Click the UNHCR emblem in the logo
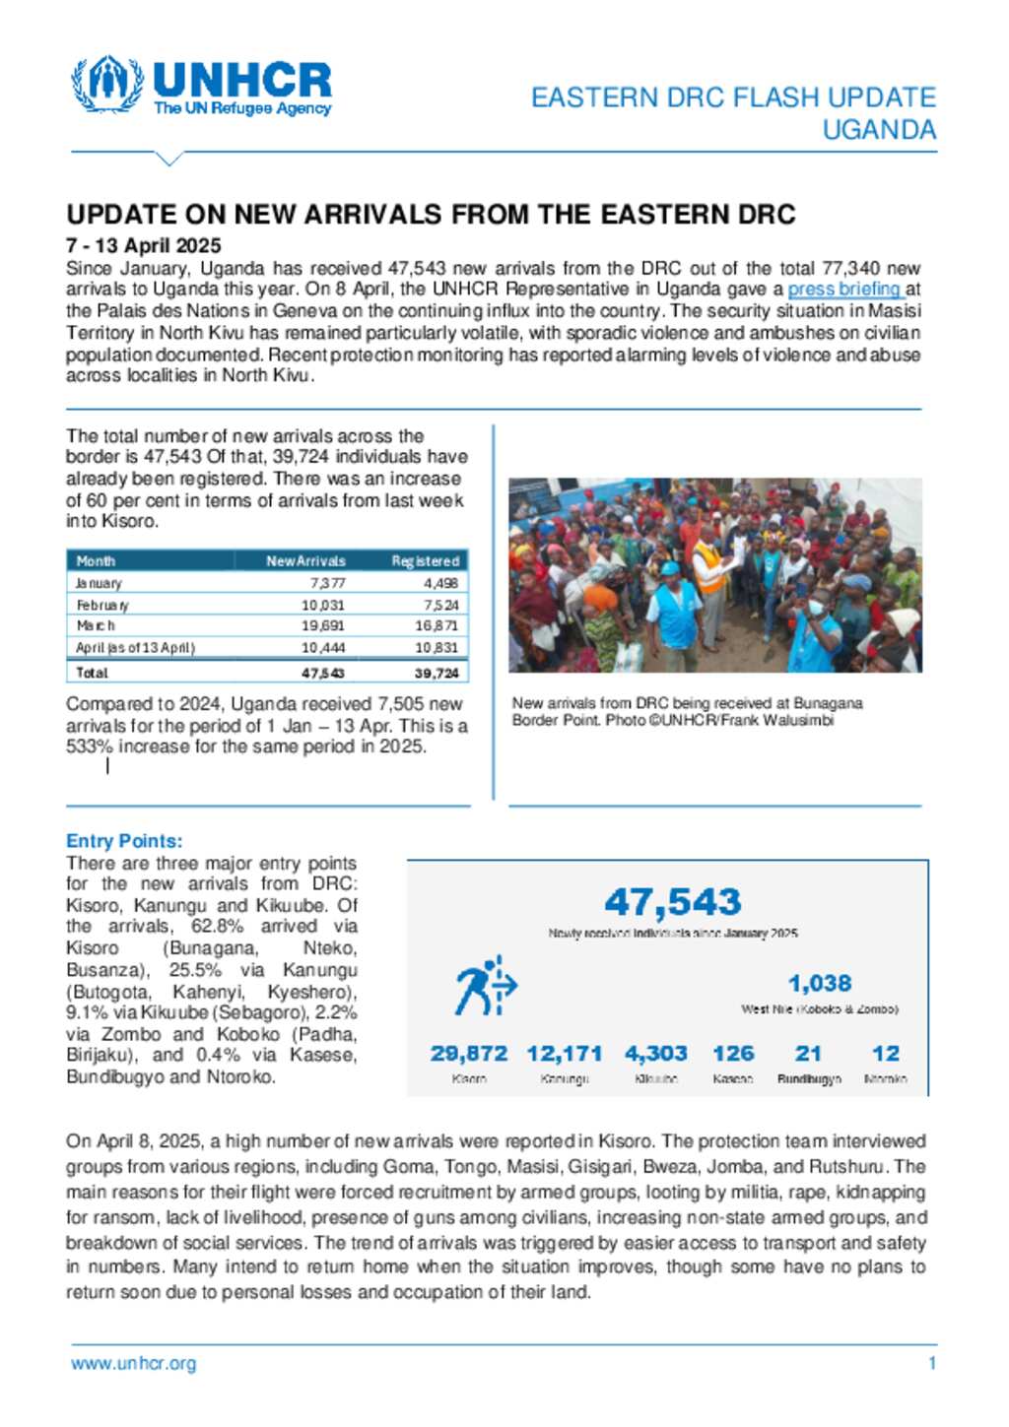click(106, 85)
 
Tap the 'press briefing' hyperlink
click(844, 290)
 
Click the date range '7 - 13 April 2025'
click(144, 246)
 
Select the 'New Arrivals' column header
click(305, 561)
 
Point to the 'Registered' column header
click(425, 561)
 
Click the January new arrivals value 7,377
click(327, 583)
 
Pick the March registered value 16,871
click(437, 625)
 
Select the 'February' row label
click(102, 605)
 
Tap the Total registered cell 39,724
click(437, 673)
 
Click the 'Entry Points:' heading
click(124, 841)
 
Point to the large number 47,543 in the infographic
click(673, 902)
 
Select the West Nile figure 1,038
click(819, 984)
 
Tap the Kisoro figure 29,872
click(469, 1054)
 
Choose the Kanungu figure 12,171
click(565, 1054)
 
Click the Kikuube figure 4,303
click(655, 1054)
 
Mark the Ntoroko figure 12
click(885, 1054)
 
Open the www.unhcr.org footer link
click(133, 1364)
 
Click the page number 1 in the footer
click(931, 1364)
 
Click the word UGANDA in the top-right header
click(879, 130)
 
